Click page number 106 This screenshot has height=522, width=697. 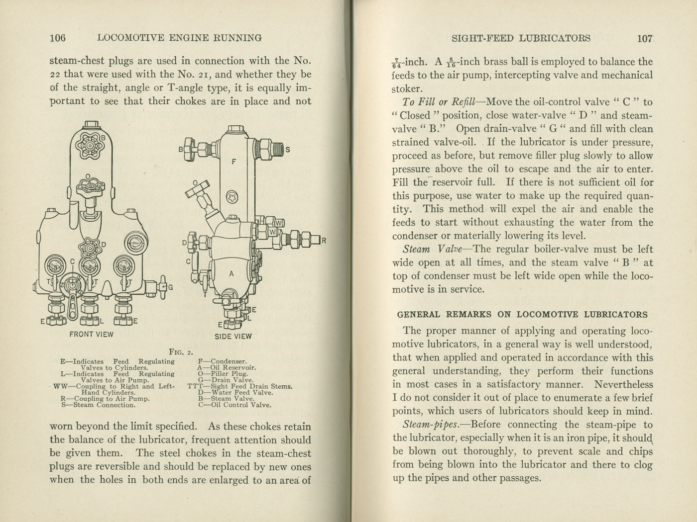click(x=58, y=38)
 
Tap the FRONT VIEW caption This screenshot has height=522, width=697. click(x=91, y=334)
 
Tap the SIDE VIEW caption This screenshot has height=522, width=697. click(x=233, y=336)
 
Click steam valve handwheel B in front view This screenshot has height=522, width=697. click(x=90, y=146)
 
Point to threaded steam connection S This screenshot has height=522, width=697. click(x=272, y=148)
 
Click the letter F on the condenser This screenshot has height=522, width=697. click(x=234, y=162)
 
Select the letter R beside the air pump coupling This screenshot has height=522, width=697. click(x=324, y=241)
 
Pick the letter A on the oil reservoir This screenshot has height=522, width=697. click(x=232, y=274)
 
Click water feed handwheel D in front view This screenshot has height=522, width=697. click(x=90, y=246)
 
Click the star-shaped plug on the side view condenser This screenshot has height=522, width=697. click(x=232, y=198)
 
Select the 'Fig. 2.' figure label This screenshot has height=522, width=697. click(x=181, y=352)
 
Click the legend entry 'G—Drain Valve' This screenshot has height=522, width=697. click(x=226, y=380)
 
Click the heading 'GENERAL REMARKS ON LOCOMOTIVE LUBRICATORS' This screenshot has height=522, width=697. click(x=522, y=315)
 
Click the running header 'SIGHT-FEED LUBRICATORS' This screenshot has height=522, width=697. click(x=521, y=38)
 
